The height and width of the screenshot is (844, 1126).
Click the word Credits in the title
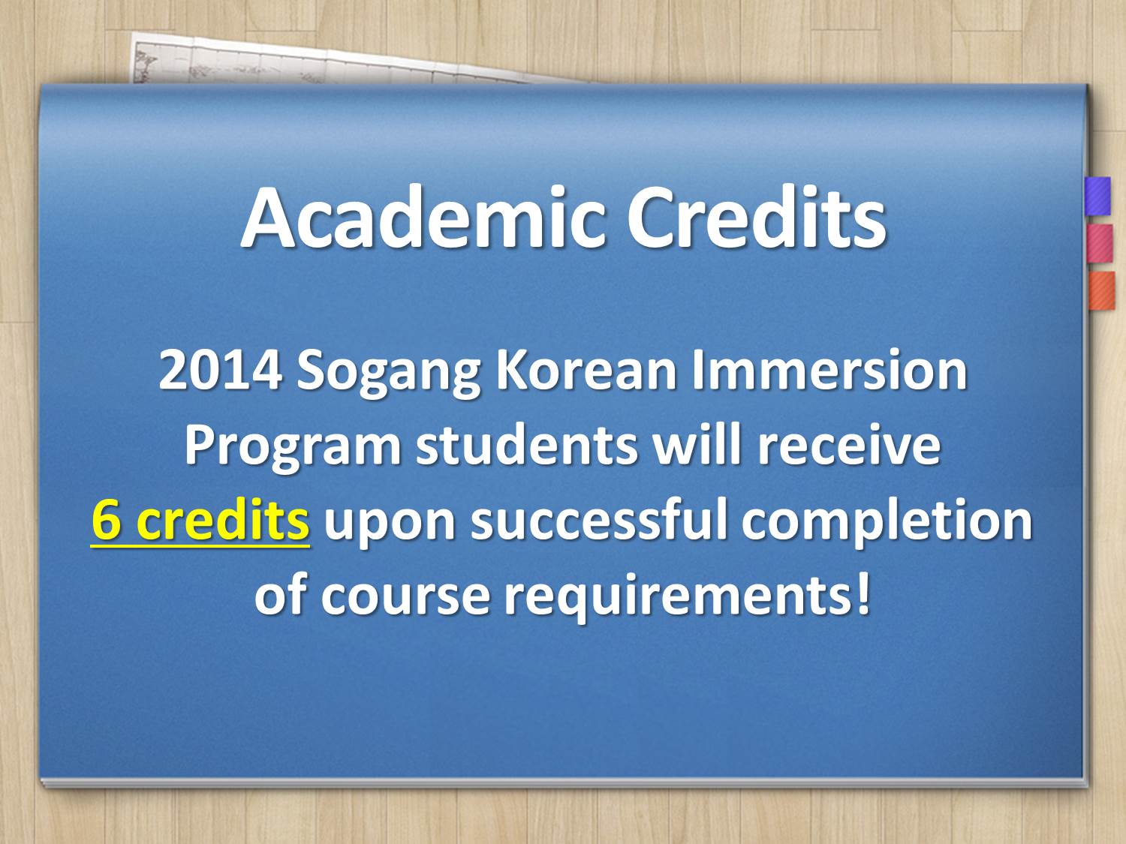click(x=757, y=218)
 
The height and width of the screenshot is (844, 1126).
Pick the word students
click(x=526, y=446)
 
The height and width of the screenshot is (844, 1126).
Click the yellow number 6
click(x=108, y=521)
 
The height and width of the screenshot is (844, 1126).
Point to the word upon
click(x=390, y=525)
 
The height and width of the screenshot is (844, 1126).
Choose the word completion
click(x=887, y=523)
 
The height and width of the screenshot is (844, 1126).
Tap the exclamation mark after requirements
click(x=862, y=593)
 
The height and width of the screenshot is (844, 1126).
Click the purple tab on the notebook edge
click(x=1097, y=197)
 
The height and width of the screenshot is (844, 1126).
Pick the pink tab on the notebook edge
click(x=1100, y=243)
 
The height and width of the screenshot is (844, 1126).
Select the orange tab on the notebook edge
click(x=1102, y=290)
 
